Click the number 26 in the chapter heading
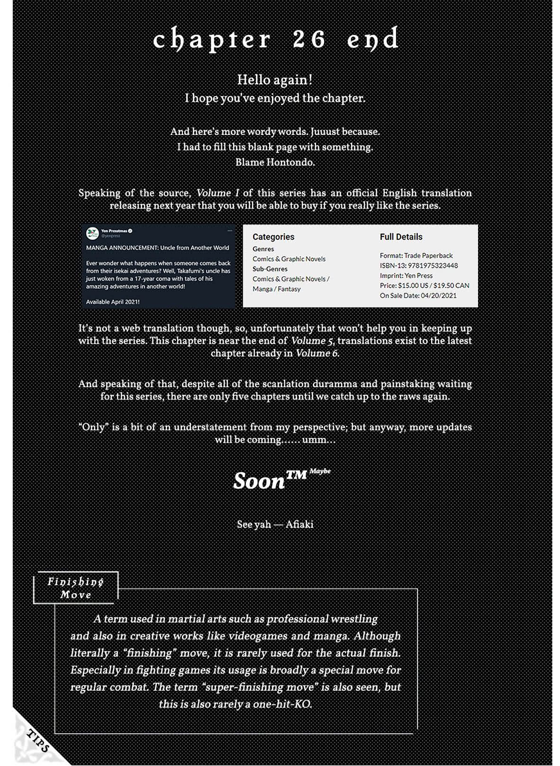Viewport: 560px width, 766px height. coord(309,39)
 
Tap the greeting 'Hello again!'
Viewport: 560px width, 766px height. coord(275,80)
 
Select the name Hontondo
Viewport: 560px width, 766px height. coord(289,162)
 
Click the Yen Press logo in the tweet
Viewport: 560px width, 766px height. coord(92,233)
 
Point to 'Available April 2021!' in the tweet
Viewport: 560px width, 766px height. coord(113,302)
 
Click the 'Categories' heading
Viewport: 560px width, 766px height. coord(273,237)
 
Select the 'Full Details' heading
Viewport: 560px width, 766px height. coord(401,237)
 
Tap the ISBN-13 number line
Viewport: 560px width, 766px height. coord(419,266)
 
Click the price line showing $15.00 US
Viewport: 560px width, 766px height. coord(425,285)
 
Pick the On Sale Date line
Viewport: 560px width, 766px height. coord(418,295)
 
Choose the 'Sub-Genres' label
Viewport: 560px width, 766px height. coord(270,269)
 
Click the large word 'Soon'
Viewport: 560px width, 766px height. coord(259,481)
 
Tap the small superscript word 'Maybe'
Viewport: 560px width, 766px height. coord(320,471)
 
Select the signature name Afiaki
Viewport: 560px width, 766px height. coord(299,525)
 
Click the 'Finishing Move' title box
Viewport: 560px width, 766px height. coord(76,588)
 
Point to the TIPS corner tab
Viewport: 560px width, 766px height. coord(38,741)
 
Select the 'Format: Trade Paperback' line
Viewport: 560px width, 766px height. coord(416,256)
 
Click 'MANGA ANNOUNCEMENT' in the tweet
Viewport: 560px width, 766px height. coord(121,248)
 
